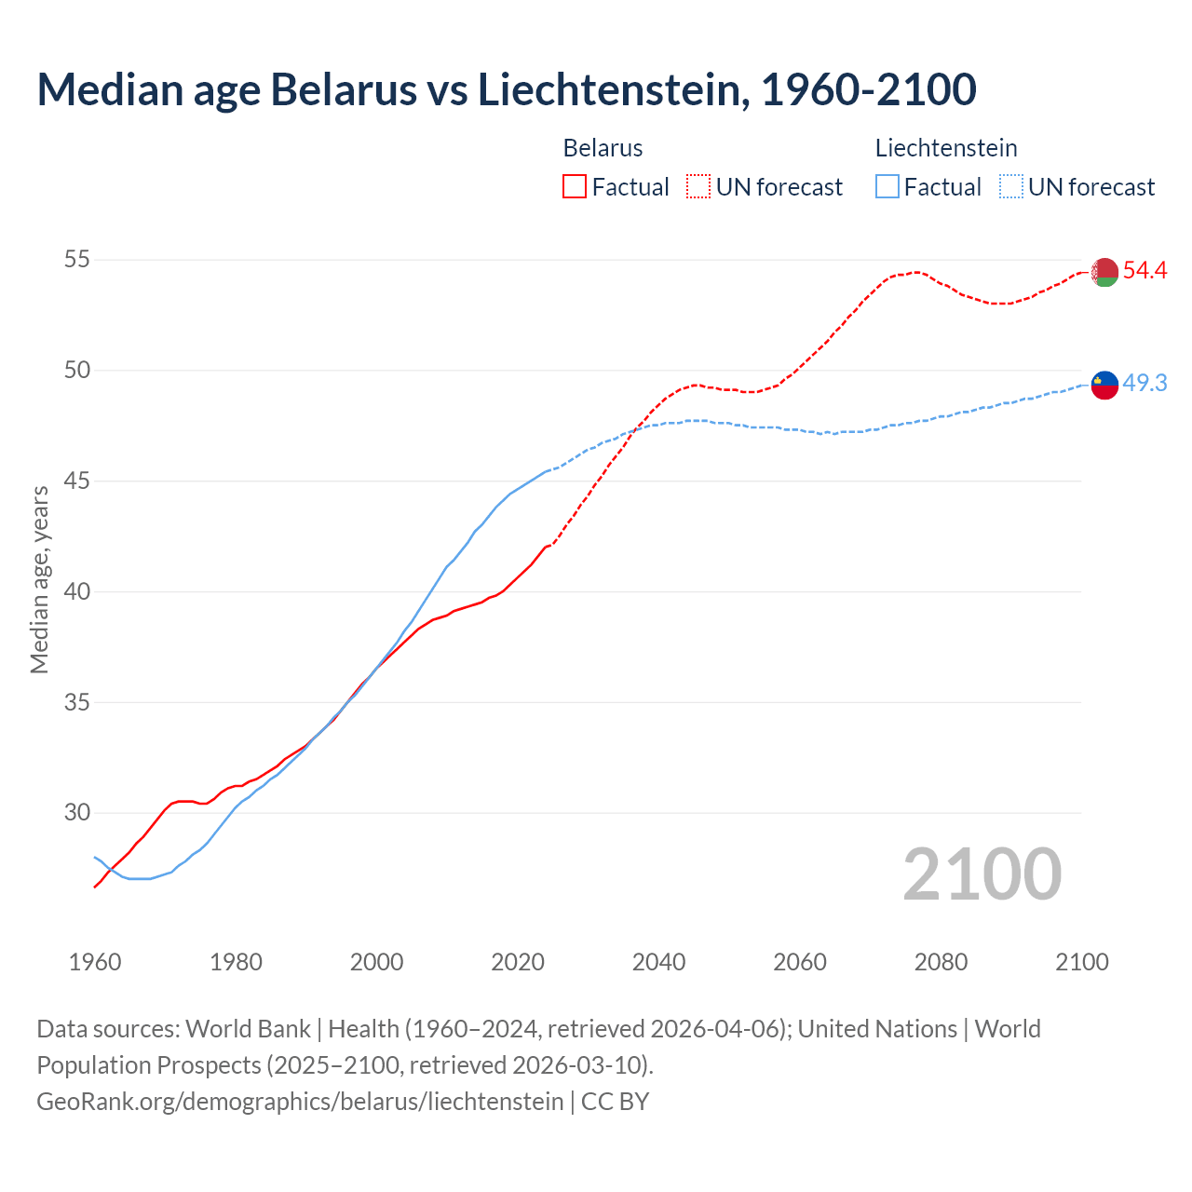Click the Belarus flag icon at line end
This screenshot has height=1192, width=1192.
click(1104, 272)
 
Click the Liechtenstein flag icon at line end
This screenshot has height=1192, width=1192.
click(1104, 384)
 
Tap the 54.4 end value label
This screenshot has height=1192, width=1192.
click(1145, 271)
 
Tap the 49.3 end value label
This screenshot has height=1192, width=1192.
click(1145, 383)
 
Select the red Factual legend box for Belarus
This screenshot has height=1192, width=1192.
click(575, 187)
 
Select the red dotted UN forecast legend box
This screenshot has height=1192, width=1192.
click(698, 187)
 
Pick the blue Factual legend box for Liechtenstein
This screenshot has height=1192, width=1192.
click(887, 187)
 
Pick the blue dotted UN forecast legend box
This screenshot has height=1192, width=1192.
click(1011, 187)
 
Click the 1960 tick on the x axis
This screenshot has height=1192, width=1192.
click(95, 962)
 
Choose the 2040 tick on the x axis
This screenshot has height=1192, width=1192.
click(658, 962)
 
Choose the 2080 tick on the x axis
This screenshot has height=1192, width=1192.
click(941, 962)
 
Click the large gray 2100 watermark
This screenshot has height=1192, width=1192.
click(982, 874)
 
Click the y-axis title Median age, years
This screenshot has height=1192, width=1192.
click(39, 579)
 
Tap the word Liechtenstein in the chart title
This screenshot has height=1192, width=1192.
click(614, 89)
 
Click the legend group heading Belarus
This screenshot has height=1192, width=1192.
click(603, 148)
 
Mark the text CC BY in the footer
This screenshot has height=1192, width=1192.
click(615, 1102)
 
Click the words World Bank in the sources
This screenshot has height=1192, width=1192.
click(248, 1029)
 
